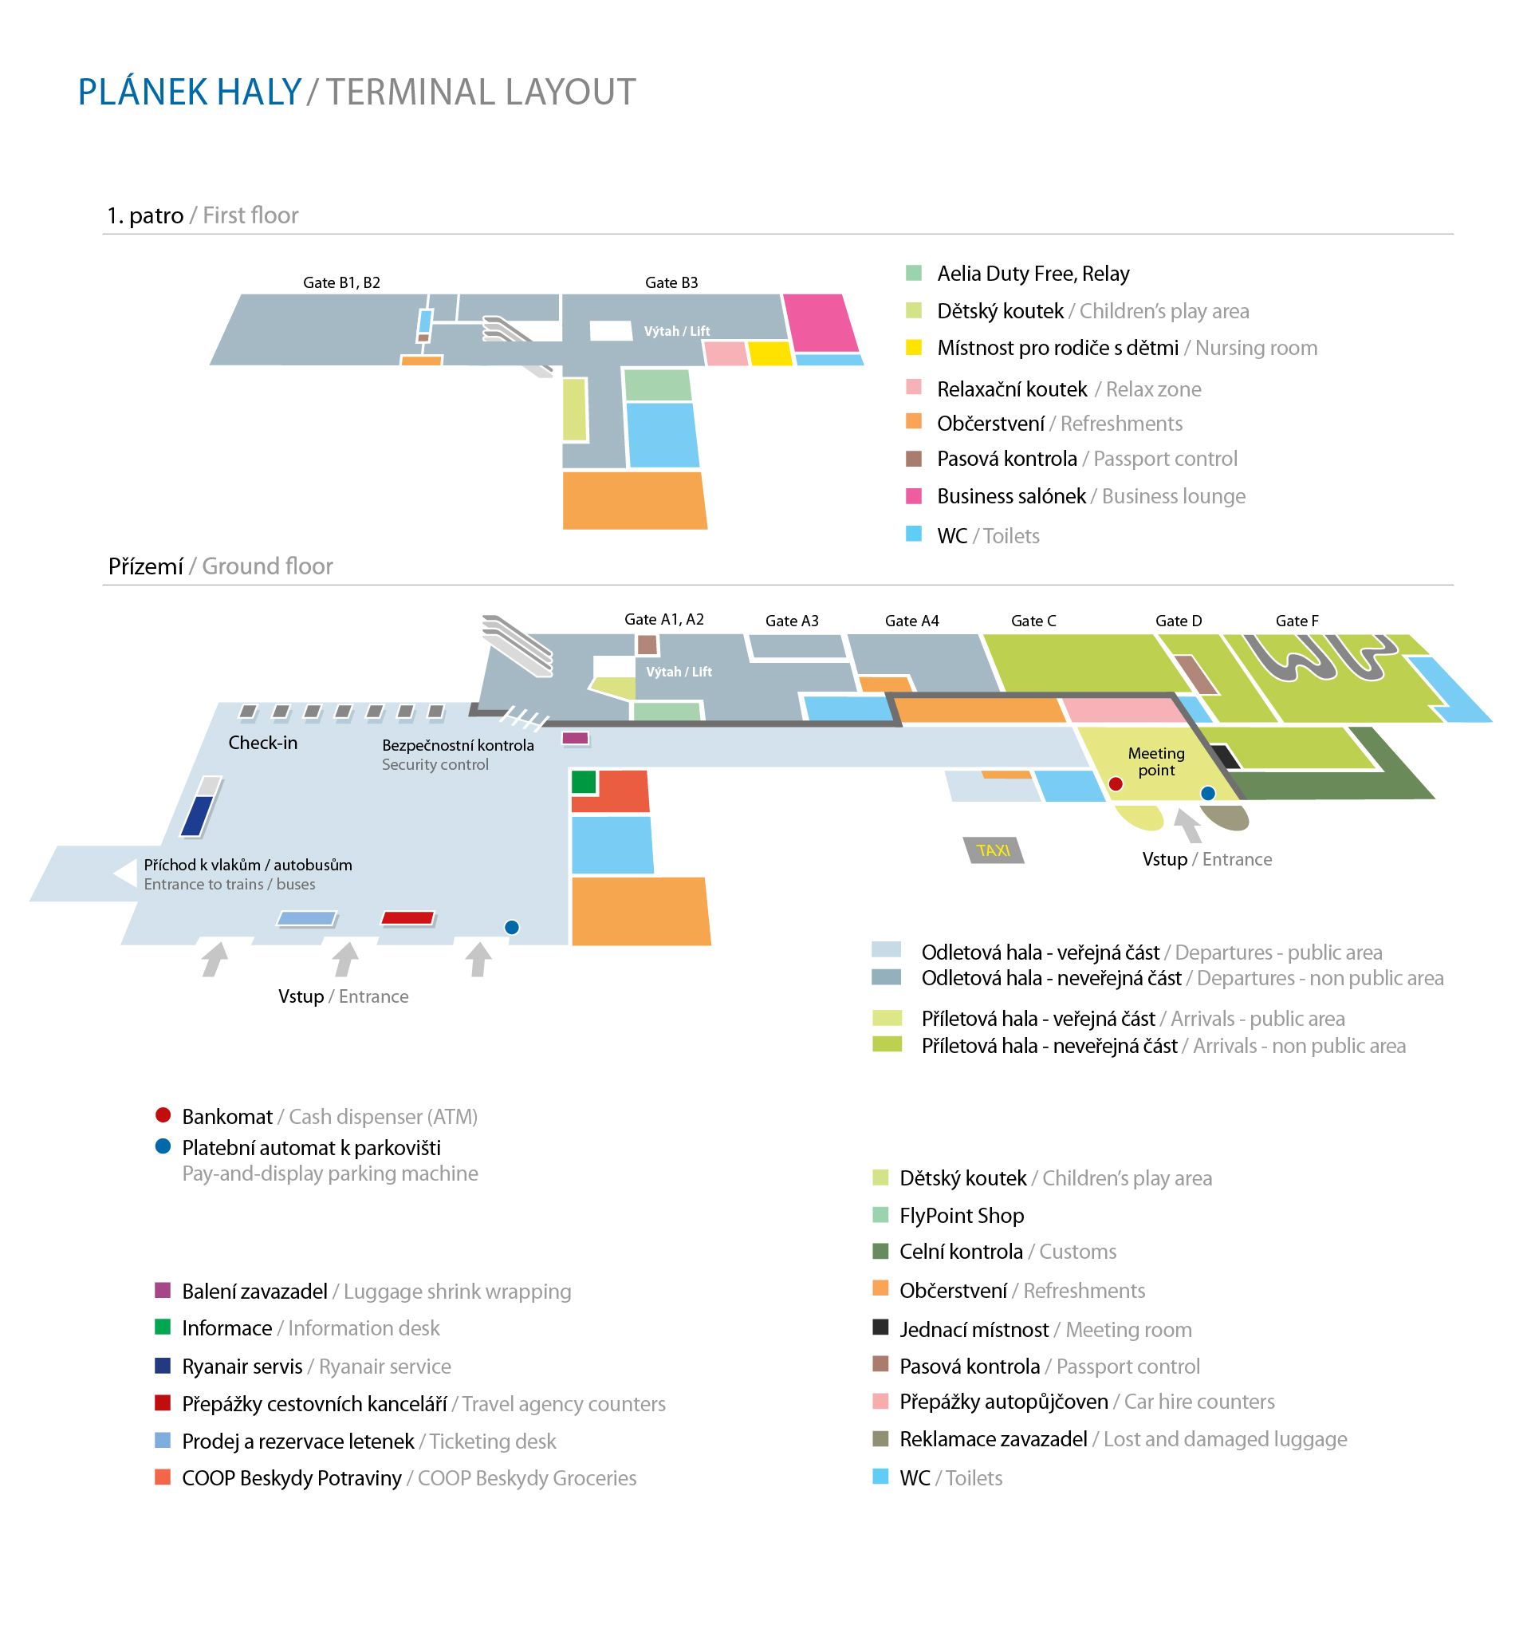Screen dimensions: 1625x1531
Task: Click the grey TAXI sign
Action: [x=993, y=850]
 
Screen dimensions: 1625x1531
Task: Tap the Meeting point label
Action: [x=1155, y=761]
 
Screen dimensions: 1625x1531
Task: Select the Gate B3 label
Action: [x=671, y=283]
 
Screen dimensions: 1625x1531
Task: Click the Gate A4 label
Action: [x=911, y=621]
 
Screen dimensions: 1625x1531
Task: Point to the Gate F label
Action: [x=1296, y=621]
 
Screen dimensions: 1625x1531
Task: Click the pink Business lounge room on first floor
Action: [x=820, y=322]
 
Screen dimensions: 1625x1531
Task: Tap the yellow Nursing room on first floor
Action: [x=769, y=353]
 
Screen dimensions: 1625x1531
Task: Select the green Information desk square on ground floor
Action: [x=584, y=782]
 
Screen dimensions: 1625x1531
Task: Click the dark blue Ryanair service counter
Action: [x=197, y=815]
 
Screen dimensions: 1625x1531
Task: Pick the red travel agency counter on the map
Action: [x=407, y=918]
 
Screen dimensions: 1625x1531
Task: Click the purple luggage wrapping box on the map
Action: [x=575, y=738]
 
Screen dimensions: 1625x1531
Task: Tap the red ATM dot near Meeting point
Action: [x=1116, y=784]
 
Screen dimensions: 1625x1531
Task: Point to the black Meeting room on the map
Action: [x=1224, y=756]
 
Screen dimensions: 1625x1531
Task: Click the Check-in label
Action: [x=262, y=742]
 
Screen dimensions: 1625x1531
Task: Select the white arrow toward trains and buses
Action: [x=126, y=872]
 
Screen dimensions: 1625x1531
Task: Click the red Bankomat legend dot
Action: [x=163, y=1114]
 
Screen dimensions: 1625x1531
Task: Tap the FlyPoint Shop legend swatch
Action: [x=880, y=1214]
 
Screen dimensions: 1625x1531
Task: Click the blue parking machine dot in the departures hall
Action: [x=511, y=926]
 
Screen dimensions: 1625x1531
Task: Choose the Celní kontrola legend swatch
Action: [x=880, y=1251]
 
